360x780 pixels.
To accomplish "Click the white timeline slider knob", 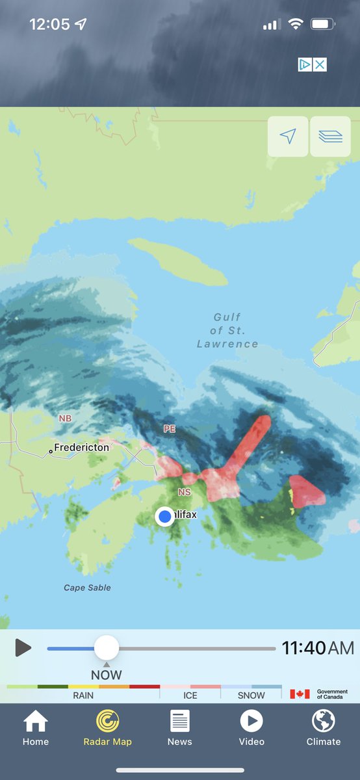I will pyautogui.click(x=107, y=648).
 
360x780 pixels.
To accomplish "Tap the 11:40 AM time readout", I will pyautogui.click(x=318, y=648).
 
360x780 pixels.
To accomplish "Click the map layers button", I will pyautogui.click(x=330, y=136).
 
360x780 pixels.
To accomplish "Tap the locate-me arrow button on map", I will pyautogui.click(x=288, y=136).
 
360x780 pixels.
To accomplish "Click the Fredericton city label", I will pyautogui.click(x=81, y=448).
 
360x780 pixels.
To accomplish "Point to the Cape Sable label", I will pyautogui.click(x=87, y=588).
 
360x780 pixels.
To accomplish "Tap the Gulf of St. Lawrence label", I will pyautogui.click(x=227, y=331).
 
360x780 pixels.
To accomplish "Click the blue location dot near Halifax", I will pyautogui.click(x=165, y=516).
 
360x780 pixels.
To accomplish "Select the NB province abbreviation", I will pyautogui.click(x=65, y=419).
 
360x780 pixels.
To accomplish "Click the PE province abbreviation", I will pyautogui.click(x=170, y=429).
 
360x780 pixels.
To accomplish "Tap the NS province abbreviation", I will pyautogui.click(x=185, y=493).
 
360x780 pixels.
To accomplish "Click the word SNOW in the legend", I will pyautogui.click(x=251, y=695).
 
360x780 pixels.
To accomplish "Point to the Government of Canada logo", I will pyautogui.click(x=319, y=694).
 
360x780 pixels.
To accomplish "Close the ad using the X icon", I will pyautogui.click(x=320, y=64).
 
